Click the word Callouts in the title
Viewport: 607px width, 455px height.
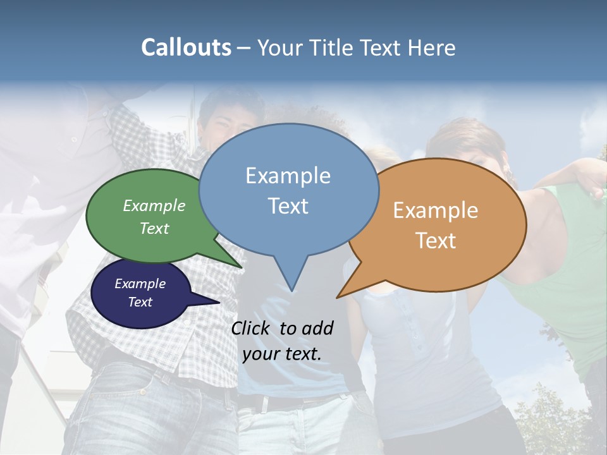click(186, 47)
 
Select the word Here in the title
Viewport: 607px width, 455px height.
click(432, 47)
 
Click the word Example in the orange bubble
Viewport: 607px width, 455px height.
click(436, 210)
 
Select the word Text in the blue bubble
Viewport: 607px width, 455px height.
click(288, 206)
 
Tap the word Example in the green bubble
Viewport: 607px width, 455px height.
click(154, 205)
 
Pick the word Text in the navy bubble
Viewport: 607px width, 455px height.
click(140, 302)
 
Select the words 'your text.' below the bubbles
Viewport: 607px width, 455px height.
click(282, 354)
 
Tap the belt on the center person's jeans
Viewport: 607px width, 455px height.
click(278, 401)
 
